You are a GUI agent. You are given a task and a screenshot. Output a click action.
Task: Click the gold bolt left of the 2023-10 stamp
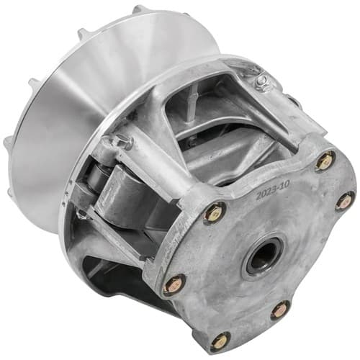click(215, 212)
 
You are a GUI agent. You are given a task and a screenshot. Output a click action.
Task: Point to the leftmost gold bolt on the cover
click(174, 285)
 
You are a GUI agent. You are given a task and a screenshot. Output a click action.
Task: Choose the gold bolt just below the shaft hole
click(280, 311)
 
